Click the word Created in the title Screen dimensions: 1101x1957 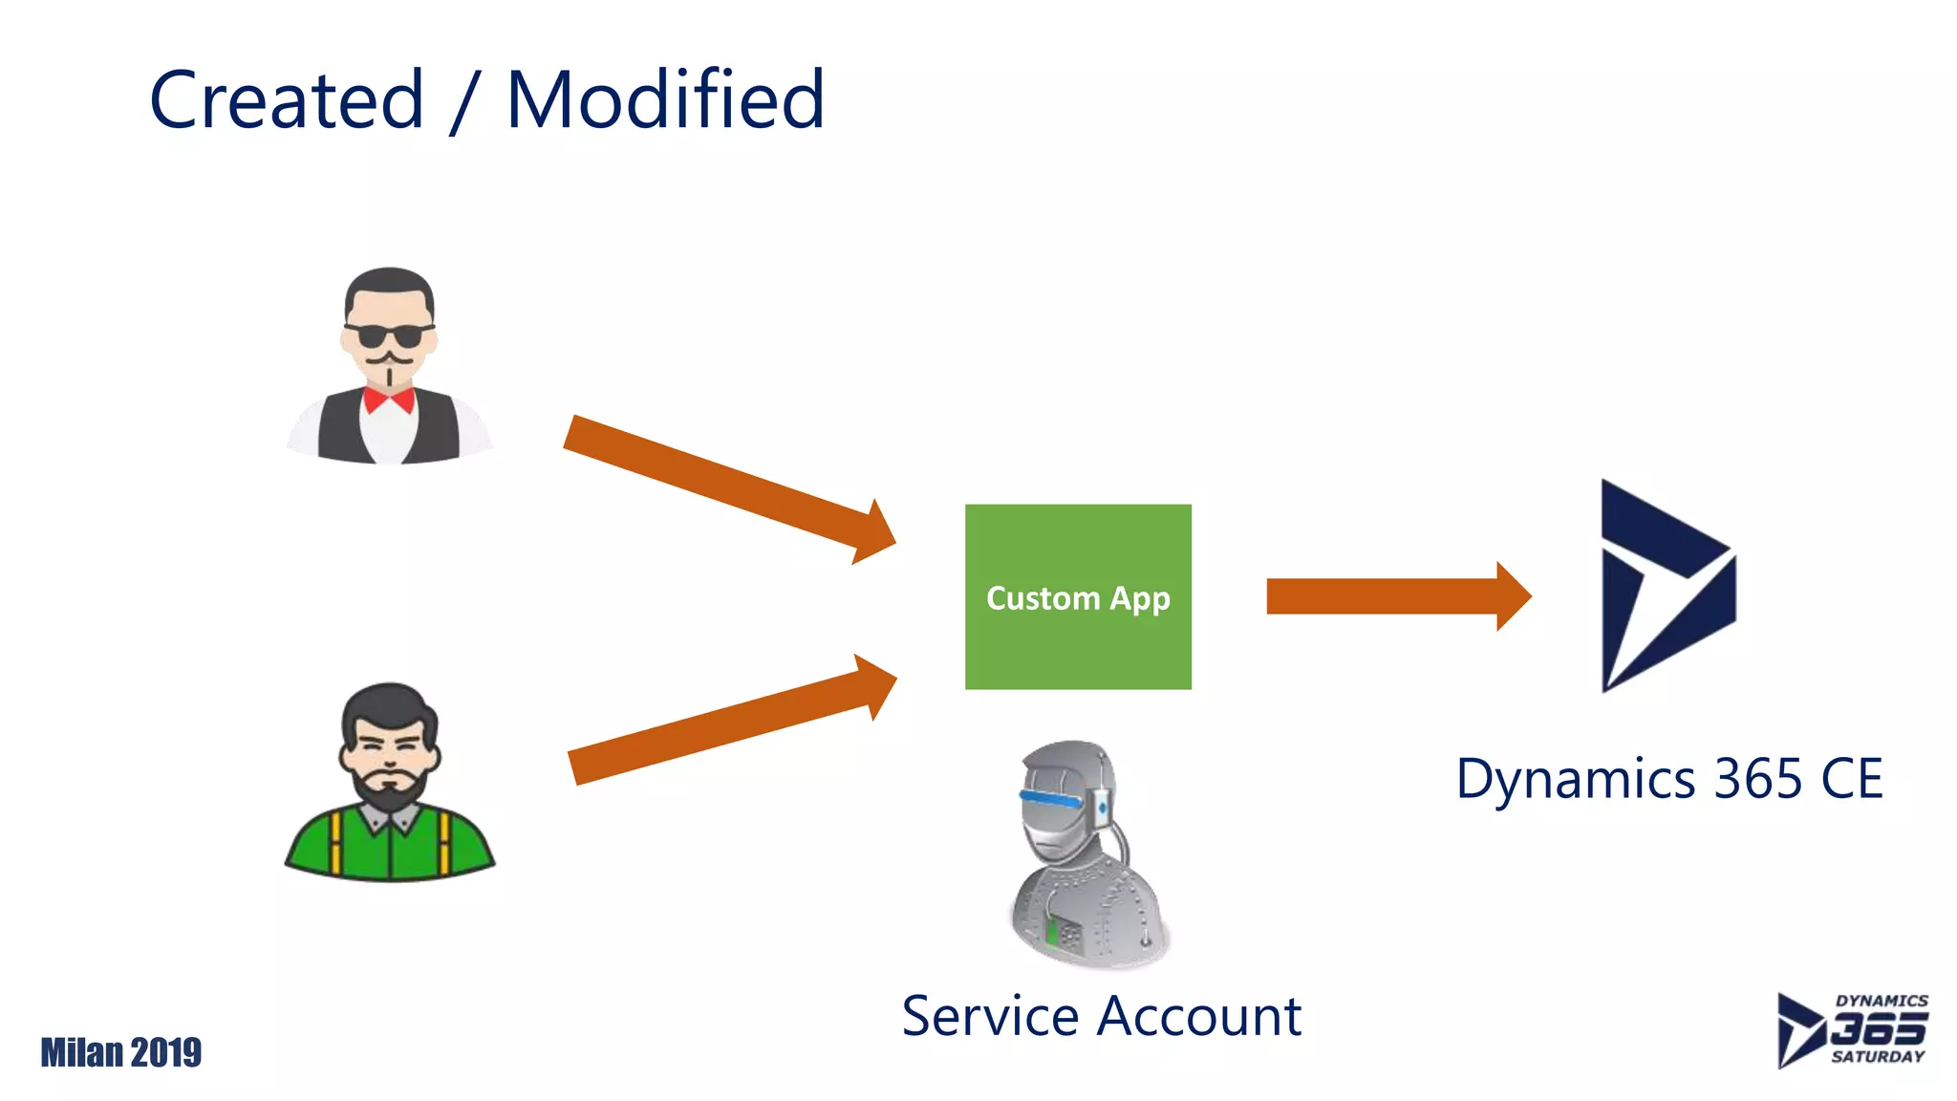pos(287,100)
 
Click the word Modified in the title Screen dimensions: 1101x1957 pos(665,100)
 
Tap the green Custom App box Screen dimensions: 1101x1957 pos(1078,596)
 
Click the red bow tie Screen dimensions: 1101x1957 pos(388,399)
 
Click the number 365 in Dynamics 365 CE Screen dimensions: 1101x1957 pos(1758,779)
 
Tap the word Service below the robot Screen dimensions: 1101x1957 pos(990,1016)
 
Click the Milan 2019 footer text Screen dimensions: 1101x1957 pos(120,1052)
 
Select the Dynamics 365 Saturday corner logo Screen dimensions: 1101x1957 pos(1851,1029)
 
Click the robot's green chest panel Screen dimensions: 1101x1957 pos(1052,930)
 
